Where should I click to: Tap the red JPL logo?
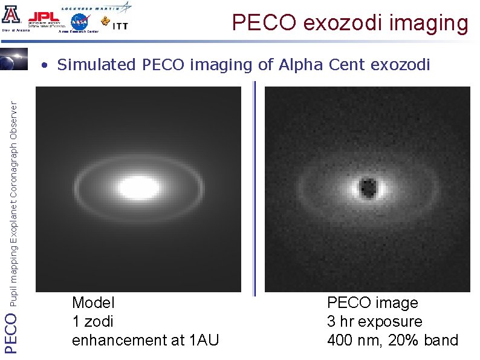(x=44, y=16)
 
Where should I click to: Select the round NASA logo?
(x=79, y=22)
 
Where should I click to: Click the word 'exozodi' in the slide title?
(x=342, y=23)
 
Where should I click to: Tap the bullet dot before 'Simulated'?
(x=45, y=65)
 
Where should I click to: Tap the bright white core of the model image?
(x=138, y=187)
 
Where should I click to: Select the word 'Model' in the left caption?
(x=93, y=303)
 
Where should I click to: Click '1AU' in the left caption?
(x=203, y=341)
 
